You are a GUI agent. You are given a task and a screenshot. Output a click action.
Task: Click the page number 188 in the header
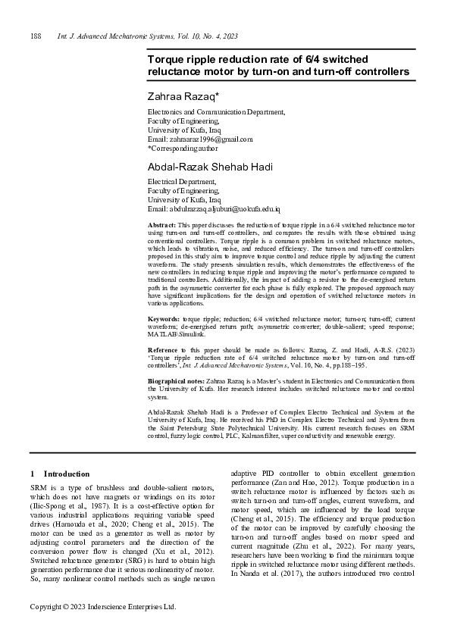click(34, 36)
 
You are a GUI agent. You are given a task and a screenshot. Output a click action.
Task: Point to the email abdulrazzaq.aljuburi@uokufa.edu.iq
click(226, 208)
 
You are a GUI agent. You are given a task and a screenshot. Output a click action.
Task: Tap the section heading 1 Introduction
click(59, 474)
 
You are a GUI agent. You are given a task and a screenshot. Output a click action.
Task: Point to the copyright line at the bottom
click(102, 607)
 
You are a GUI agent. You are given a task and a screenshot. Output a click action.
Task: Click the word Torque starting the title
click(168, 58)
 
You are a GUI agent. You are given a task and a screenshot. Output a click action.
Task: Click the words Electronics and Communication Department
click(215, 111)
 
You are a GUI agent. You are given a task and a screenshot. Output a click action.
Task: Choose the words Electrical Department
click(181, 181)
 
